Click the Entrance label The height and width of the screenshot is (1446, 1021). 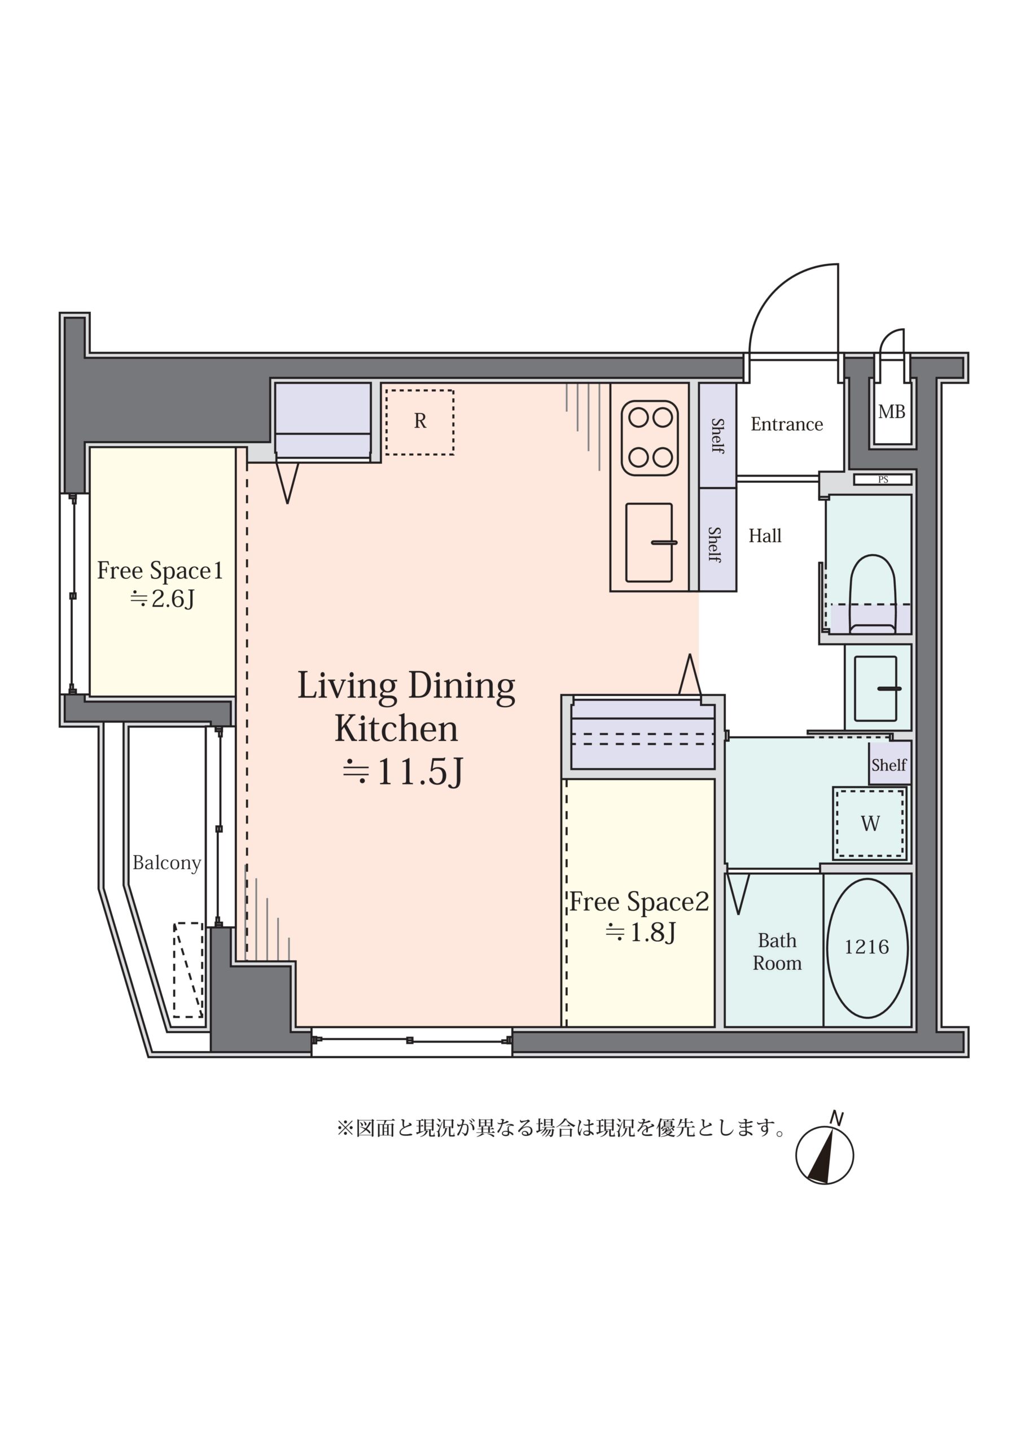[786, 424]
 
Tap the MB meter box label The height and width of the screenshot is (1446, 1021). [891, 412]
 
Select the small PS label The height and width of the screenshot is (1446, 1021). [883, 480]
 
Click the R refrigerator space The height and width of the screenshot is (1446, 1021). [420, 422]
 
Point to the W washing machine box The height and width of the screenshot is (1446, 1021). [870, 823]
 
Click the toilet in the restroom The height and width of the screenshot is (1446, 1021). [872, 593]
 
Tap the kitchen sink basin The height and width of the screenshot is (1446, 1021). [649, 542]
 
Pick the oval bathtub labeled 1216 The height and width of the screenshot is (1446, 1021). [867, 948]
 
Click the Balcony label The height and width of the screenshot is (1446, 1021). [167, 863]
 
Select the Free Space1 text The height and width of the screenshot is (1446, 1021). [160, 570]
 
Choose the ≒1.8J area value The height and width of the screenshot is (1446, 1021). [641, 932]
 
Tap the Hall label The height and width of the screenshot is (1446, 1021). [765, 536]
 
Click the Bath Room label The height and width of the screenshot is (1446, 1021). [777, 952]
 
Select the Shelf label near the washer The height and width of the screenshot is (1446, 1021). [889, 765]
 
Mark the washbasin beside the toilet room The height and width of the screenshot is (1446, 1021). [875, 689]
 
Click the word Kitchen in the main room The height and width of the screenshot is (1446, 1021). [396, 729]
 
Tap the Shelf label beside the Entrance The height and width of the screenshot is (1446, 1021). [717, 436]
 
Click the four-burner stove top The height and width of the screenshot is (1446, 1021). [650, 438]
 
